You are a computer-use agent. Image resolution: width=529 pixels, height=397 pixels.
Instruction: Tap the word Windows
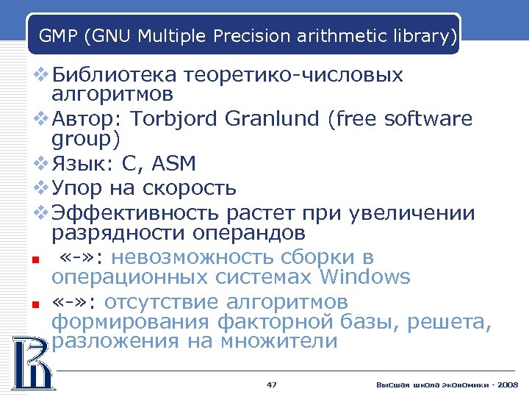click(364, 277)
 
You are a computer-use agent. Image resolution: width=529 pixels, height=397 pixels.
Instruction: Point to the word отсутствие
click(162, 302)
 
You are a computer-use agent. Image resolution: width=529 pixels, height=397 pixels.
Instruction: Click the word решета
click(454, 322)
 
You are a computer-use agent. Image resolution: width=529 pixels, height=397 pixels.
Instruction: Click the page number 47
click(271, 385)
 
